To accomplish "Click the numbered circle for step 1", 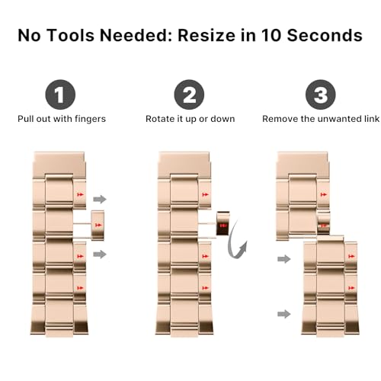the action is click(x=60, y=94).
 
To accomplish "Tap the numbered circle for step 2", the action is click(x=189, y=94).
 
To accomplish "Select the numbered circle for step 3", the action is click(x=321, y=94).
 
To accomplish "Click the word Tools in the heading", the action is click(x=71, y=35).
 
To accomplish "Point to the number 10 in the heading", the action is click(x=271, y=35).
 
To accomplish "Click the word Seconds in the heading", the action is click(x=325, y=35).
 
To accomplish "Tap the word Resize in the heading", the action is click(x=207, y=35).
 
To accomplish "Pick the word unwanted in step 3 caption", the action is click(x=338, y=119).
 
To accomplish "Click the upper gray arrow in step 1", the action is click(x=100, y=199).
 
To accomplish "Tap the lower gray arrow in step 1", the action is click(x=100, y=254).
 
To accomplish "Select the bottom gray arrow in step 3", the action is click(x=284, y=314).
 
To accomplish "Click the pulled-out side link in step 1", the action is click(x=98, y=226).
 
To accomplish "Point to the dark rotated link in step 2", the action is click(x=223, y=223).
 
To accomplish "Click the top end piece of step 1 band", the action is click(x=59, y=165).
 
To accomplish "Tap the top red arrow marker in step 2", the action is click(x=205, y=194).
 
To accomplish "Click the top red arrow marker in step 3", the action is click(x=324, y=194).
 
